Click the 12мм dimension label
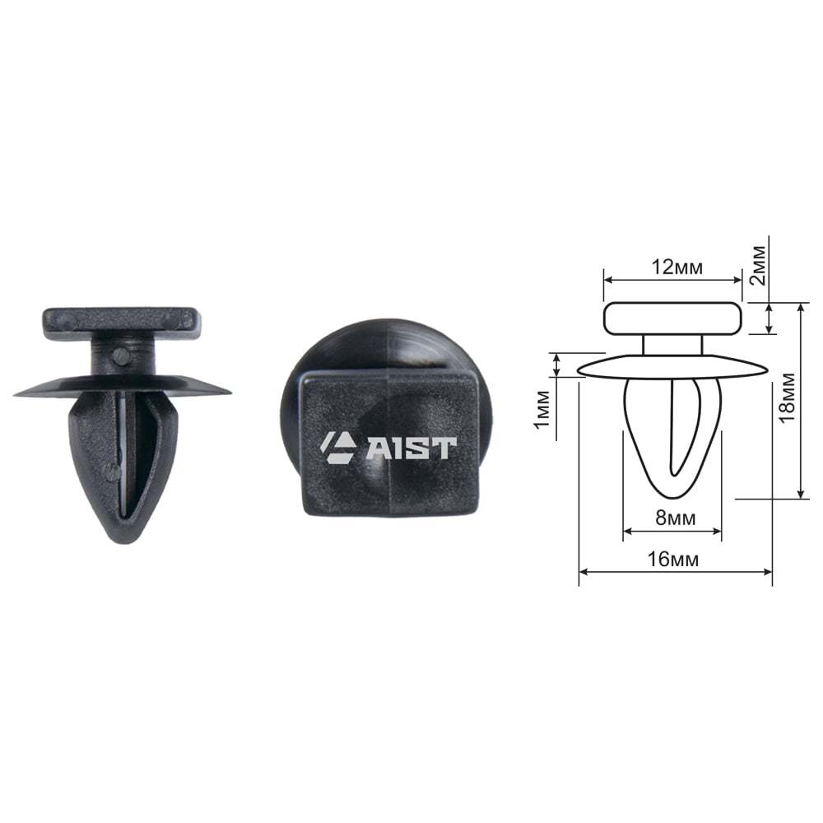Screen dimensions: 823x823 677,267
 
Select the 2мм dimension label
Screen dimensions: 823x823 759,265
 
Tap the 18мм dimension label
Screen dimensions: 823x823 788,398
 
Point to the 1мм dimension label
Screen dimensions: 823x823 542,409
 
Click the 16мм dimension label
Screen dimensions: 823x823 673,559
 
